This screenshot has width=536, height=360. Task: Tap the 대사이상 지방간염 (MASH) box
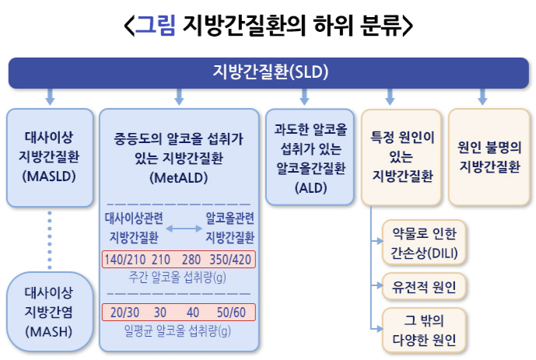pyautogui.click(x=48, y=312)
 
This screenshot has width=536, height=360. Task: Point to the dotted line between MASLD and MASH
pyautogui.click(x=49, y=236)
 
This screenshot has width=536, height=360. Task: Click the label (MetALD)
pyautogui.click(x=178, y=178)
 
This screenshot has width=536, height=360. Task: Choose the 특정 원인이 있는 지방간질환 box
pyautogui.click(x=402, y=156)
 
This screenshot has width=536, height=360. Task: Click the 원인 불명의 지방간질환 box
pyautogui.click(x=489, y=156)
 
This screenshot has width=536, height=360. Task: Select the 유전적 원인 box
pyautogui.click(x=424, y=287)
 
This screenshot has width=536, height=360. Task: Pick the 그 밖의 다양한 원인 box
pyautogui.click(x=424, y=330)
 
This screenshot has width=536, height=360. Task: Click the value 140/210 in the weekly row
pyautogui.click(x=124, y=259)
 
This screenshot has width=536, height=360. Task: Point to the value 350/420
pyautogui.click(x=231, y=259)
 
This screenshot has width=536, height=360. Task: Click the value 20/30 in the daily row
pyautogui.click(x=125, y=313)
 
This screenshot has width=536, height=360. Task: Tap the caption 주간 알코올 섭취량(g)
pyautogui.click(x=178, y=276)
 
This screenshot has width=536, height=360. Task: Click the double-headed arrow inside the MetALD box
pyautogui.click(x=178, y=227)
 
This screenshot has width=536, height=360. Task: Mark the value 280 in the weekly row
pyautogui.click(x=191, y=259)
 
